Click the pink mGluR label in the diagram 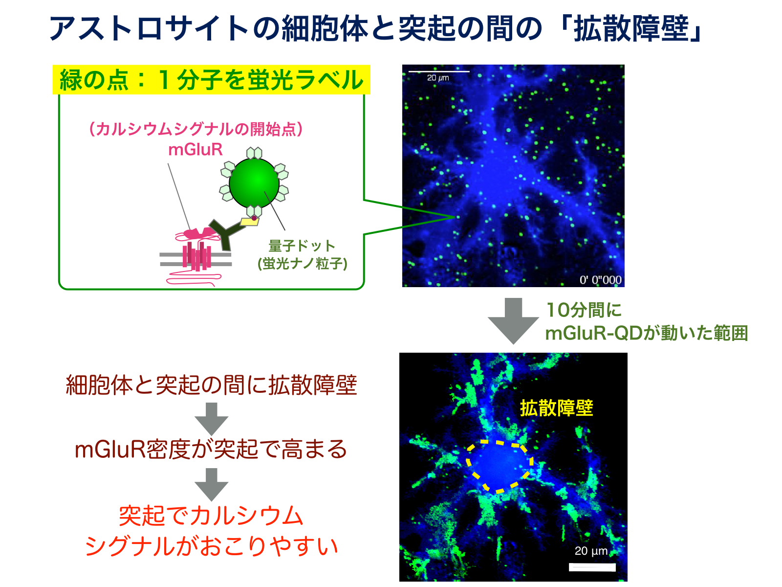[x=195, y=149]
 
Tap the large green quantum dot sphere [x=254, y=183]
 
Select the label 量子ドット [x=302, y=246]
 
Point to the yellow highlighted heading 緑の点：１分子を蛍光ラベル [x=211, y=80]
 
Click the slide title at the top [x=375, y=28]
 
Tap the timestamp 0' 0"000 [x=600, y=280]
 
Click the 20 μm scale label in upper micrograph [x=438, y=78]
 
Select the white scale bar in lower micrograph [x=592, y=567]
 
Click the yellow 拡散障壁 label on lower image [x=556, y=408]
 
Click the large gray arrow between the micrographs [x=513, y=321]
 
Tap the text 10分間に [x=584, y=310]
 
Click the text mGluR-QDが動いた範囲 [x=646, y=333]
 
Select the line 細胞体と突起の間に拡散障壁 [x=211, y=385]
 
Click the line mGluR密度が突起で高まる [x=211, y=450]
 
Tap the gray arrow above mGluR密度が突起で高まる [x=211, y=419]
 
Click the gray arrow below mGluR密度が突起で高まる [x=211, y=485]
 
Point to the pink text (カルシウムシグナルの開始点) [x=195, y=129]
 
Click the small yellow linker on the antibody [x=249, y=222]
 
